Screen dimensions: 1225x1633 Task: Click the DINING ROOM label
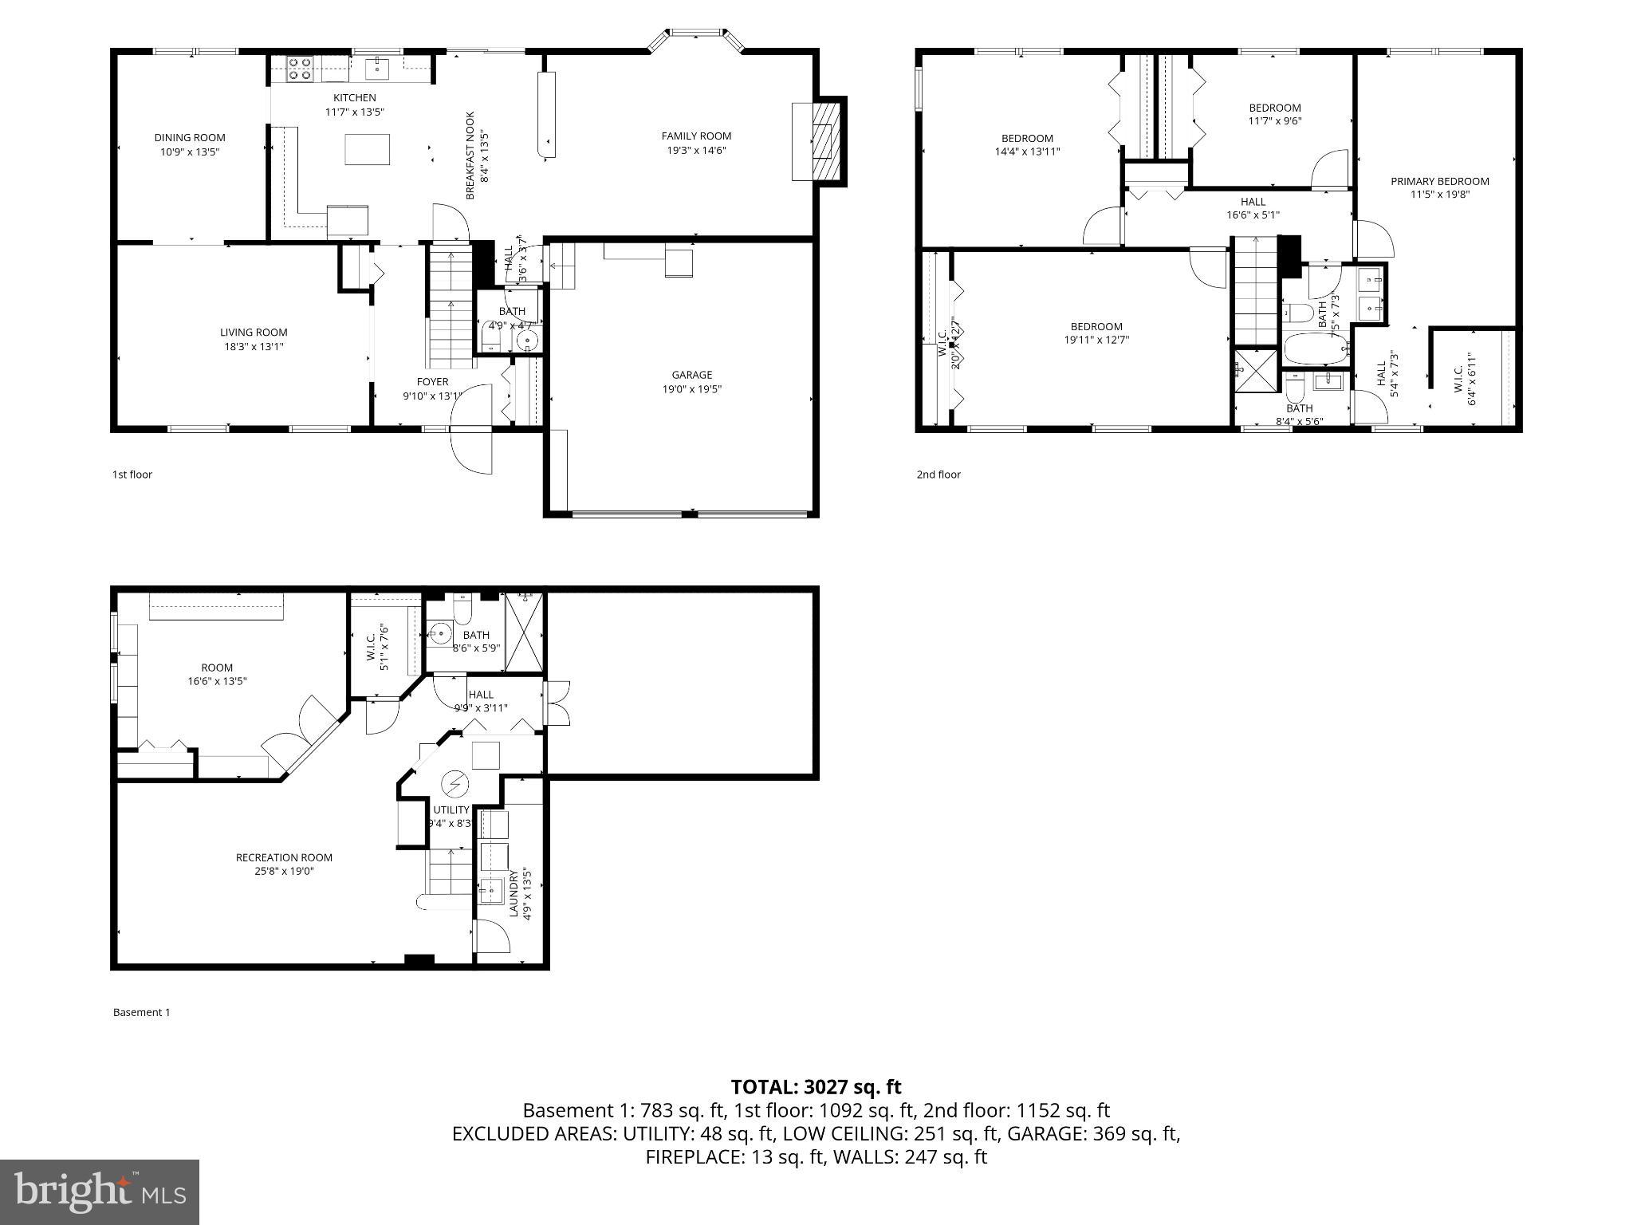click(x=190, y=137)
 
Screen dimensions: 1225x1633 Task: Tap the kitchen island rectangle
click(x=367, y=149)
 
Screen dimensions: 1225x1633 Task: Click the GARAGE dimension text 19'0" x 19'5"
click(x=691, y=389)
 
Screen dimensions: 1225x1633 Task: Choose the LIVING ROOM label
click(x=254, y=332)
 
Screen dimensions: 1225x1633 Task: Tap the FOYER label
click(x=432, y=382)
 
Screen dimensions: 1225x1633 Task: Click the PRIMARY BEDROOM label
click(x=1439, y=181)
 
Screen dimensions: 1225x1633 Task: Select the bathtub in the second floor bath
click(x=1315, y=349)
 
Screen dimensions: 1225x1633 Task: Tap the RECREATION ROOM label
click(x=284, y=857)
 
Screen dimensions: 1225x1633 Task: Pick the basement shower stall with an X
click(x=525, y=632)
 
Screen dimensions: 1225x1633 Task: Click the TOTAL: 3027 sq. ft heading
click(x=816, y=1086)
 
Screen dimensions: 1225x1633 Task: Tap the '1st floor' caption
click(x=132, y=475)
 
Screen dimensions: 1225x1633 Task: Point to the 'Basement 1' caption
click(x=141, y=1012)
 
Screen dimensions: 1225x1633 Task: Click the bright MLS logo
click(x=100, y=1192)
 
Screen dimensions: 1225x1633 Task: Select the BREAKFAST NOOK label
click(x=470, y=155)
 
